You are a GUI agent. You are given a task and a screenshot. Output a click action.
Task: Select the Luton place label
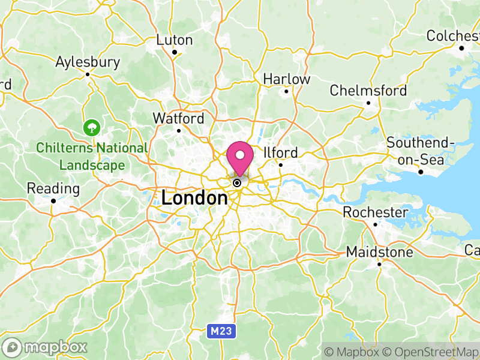175,40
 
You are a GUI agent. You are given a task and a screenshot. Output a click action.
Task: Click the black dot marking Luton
175,52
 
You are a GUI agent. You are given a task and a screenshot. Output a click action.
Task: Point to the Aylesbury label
88,62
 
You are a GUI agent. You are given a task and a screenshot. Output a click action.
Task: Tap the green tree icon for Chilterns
91,127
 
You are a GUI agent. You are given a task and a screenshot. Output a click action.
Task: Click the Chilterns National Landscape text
91,156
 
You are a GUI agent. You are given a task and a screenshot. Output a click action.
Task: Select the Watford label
178,118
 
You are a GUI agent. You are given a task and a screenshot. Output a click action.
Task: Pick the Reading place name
53,188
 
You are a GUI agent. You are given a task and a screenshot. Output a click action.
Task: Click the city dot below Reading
53,201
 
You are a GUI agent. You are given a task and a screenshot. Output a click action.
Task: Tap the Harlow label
287,79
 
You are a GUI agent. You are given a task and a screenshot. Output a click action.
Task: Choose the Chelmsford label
368,91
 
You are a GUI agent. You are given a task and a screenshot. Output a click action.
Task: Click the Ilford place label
280,152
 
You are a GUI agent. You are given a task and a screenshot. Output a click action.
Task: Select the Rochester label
375,212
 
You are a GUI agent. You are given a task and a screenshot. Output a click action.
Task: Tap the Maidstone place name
380,253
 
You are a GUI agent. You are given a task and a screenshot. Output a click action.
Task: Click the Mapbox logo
46,347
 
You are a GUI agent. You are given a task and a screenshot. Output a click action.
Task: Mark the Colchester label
453,36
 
